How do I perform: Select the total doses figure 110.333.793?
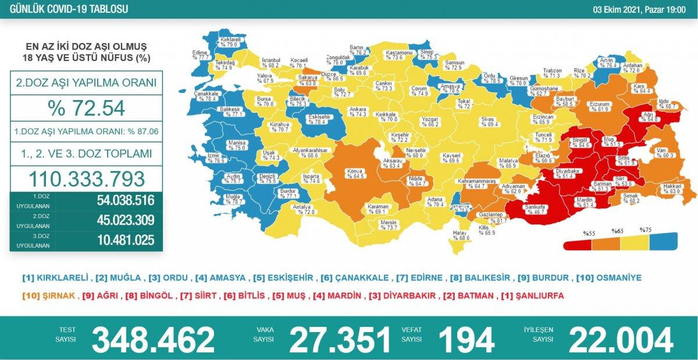tap(86, 178)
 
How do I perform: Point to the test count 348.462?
tap(153, 340)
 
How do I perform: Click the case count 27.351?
tap(340, 340)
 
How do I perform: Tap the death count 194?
tap(466, 340)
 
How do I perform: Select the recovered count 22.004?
tap(621, 340)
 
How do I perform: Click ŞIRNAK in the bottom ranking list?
tap(58, 295)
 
